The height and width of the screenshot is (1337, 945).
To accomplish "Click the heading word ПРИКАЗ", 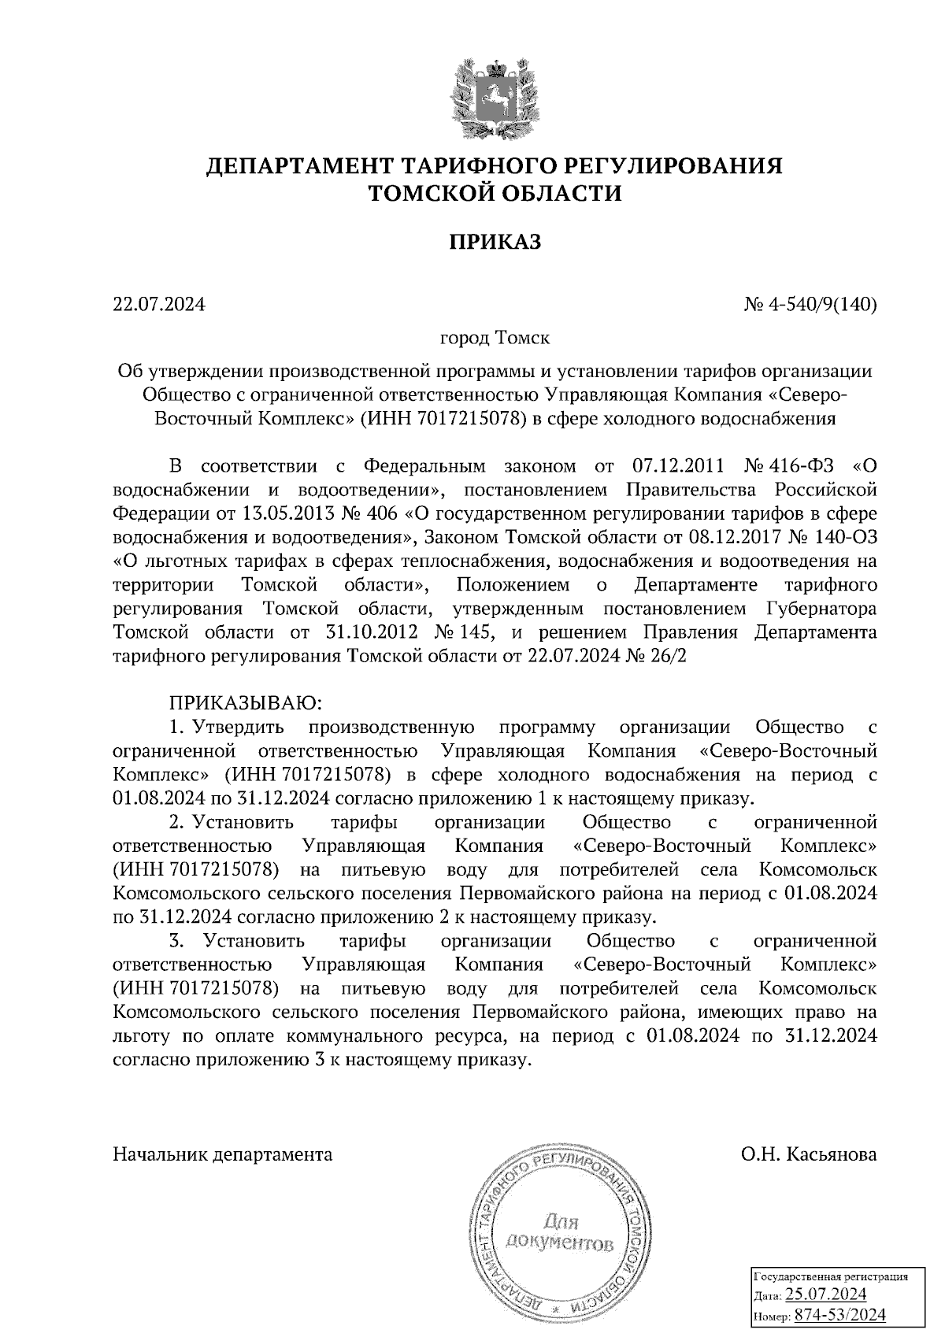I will (x=495, y=241).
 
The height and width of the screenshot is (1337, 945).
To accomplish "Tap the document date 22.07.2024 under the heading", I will (x=159, y=304).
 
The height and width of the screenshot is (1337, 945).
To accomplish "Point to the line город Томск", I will (x=495, y=339).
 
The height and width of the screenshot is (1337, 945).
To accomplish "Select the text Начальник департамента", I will (x=223, y=1154).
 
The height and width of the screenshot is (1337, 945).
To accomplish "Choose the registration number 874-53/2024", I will (x=839, y=1314).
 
